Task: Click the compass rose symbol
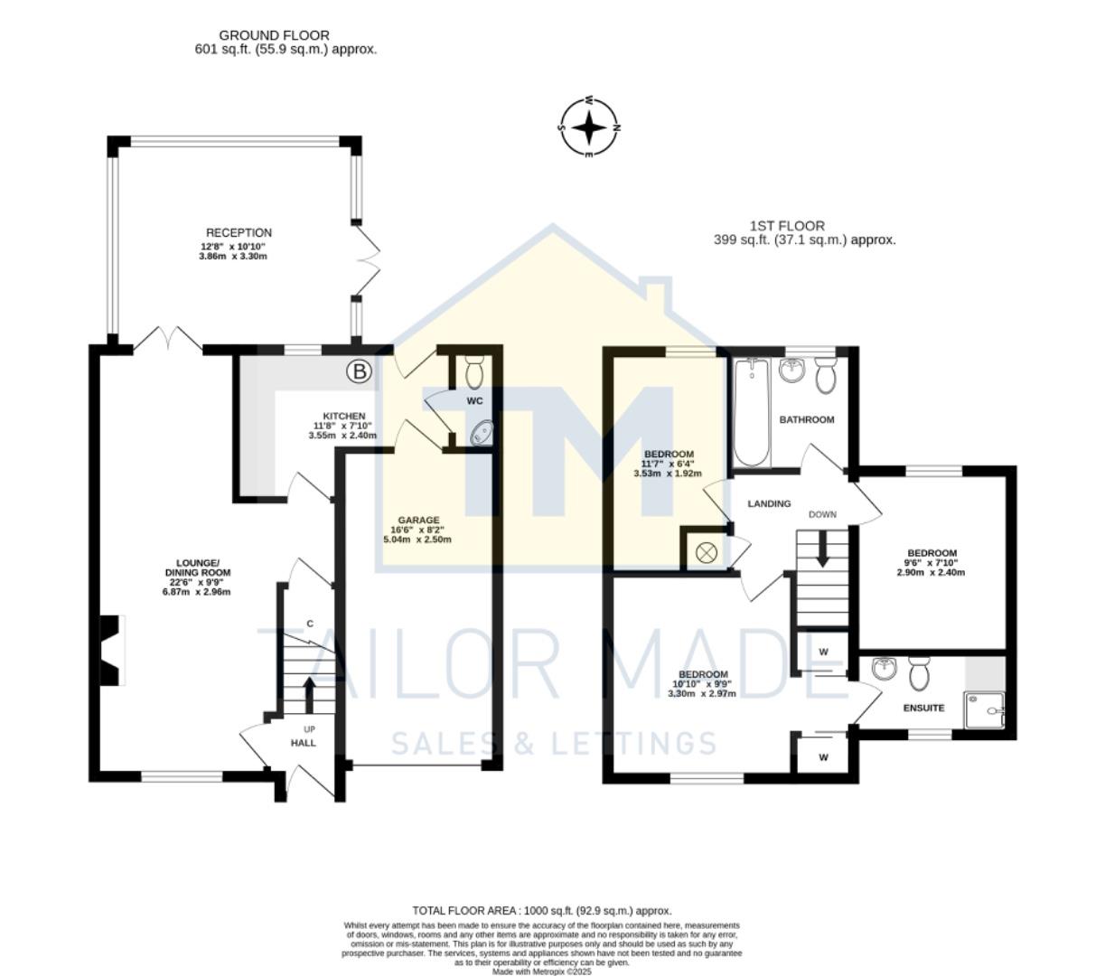point(589,127)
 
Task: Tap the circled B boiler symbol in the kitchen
point(360,371)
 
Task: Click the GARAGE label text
point(418,521)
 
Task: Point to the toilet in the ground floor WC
point(473,371)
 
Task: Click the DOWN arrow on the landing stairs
point(822,549)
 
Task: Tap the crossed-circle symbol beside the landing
point(706,552)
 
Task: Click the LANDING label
point(769,504)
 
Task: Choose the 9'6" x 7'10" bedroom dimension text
point(932,563)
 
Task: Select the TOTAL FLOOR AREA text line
point(542,911)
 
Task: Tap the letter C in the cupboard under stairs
point(310,624)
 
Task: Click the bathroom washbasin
point(791,370)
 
